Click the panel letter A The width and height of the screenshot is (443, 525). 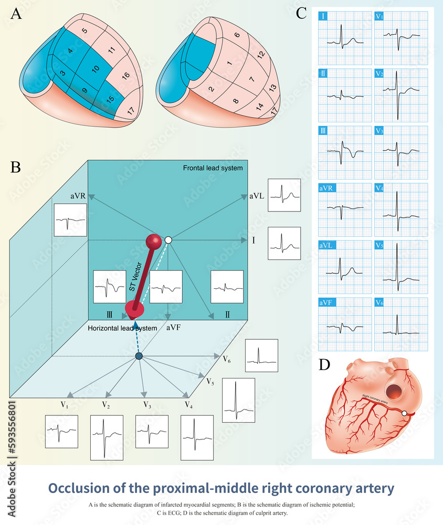(17, 14)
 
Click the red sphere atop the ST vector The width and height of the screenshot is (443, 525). (154, 241)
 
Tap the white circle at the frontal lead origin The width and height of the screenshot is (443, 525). (168, 240)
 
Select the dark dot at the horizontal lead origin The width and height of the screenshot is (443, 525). (139, 356)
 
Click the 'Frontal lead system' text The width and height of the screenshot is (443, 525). (213, 168)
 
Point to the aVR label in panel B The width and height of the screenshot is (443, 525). (78, 195)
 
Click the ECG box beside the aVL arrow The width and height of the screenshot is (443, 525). (284, 195)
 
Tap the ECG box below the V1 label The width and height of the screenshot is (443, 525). (61, 432)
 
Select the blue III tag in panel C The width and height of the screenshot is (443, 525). (323, 131)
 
